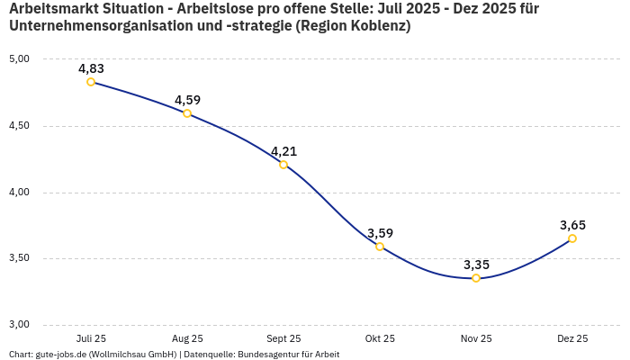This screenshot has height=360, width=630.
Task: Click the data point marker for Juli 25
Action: [x=91, y=82]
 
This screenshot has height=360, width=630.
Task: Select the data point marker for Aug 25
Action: [x=187, y=113]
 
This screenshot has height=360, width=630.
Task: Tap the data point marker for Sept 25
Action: [x=283, y=165]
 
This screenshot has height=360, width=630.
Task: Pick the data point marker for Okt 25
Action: [x=380, y=247]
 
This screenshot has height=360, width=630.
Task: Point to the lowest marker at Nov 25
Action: [x=476, y=278]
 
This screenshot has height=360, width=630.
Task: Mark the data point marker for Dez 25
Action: [x=572, y=238]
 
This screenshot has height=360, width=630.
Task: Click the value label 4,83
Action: [x=91, y=68]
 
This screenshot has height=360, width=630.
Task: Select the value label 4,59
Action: [x=187, y=100]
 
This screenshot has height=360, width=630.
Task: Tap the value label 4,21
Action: [x=283, y=151]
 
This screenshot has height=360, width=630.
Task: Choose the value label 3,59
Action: [x=380, y=233]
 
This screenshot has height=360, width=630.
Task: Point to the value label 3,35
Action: [x=476, y=265]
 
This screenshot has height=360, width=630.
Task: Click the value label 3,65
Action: [x=572, y=225]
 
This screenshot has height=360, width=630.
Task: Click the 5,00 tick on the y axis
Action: [x=19, y=59]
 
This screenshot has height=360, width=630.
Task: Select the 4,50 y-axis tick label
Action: [x=19, y=126]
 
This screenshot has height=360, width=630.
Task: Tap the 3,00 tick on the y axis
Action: [x=19, y=325]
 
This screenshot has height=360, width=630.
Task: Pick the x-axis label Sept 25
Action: [x=283, y=339]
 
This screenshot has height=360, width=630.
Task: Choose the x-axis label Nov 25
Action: [x=476, y=339]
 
